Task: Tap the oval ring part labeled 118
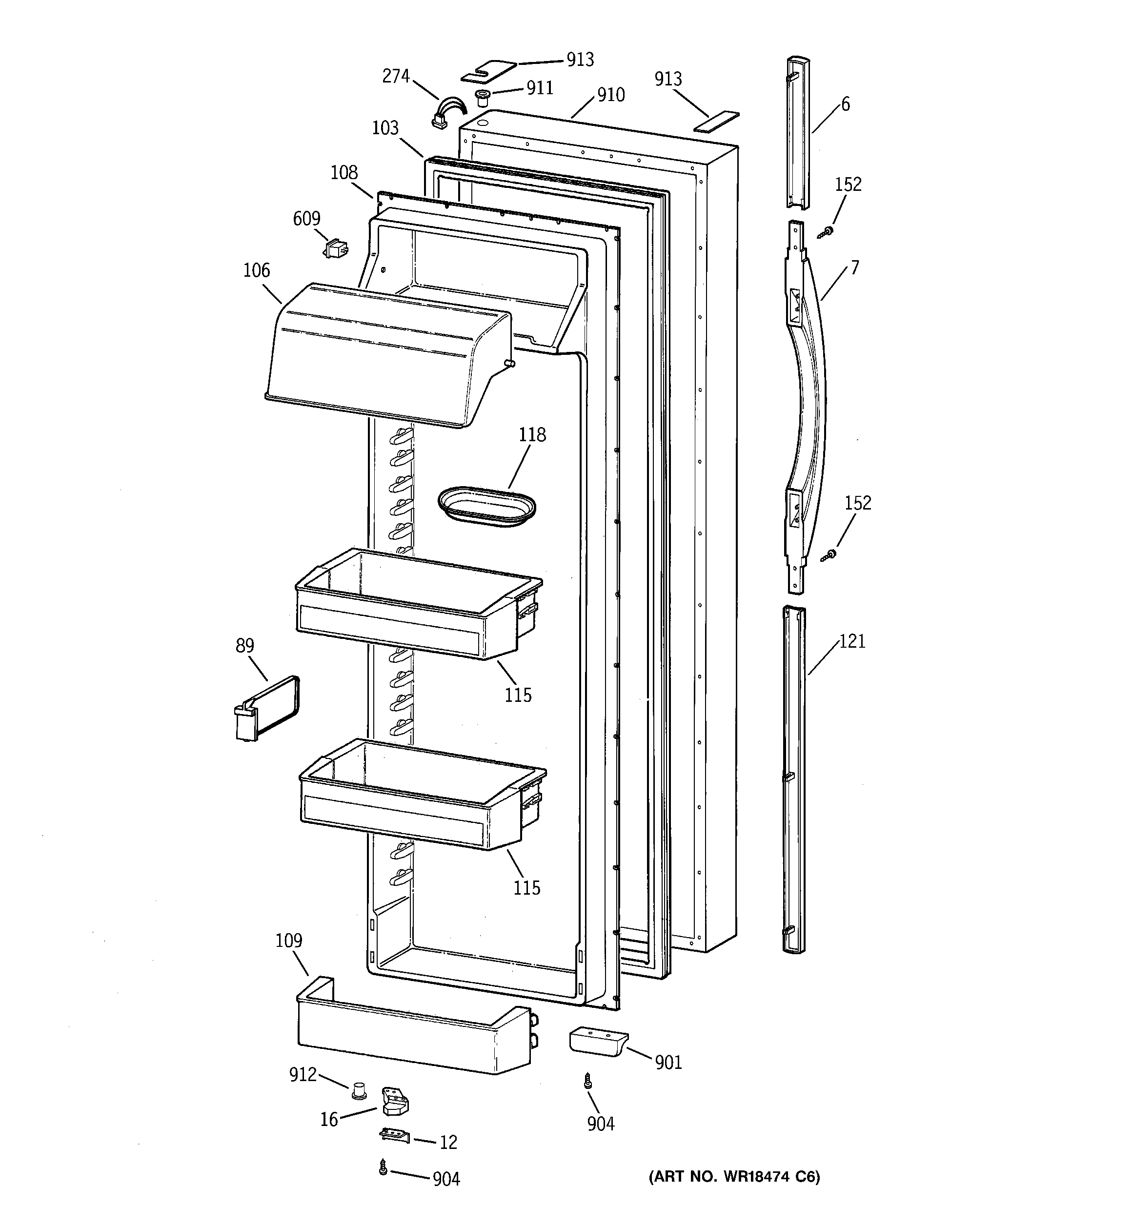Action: click(486, 506)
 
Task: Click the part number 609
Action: click(306, 219)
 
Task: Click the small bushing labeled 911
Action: click(483, 97)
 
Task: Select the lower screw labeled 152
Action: click(828, 555)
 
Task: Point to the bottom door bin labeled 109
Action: click(413, 1033)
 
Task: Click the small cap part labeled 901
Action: click(597, 1041)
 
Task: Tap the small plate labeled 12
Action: click(394, 1135)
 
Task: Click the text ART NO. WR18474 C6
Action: click(734, 1177)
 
